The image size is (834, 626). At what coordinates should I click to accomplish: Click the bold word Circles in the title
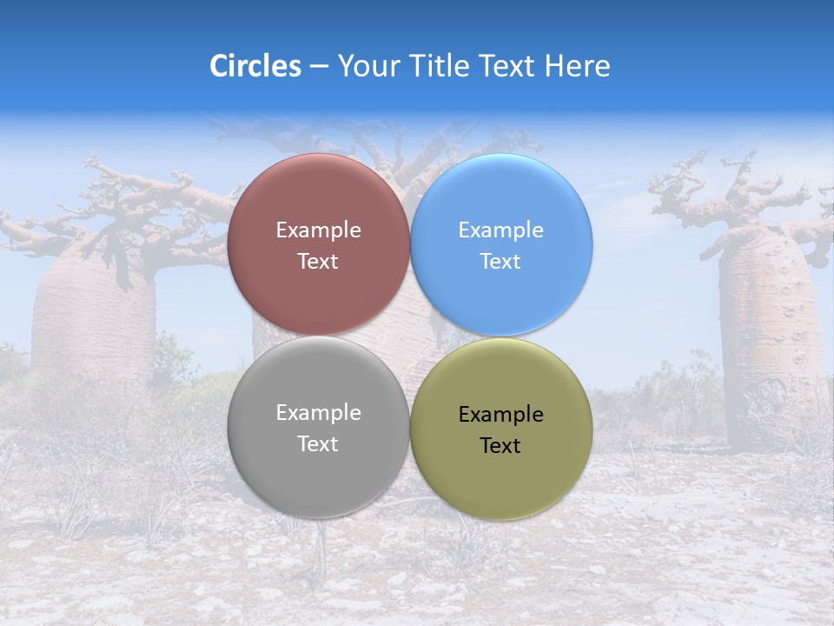pyautogui.click(x=255, y=66)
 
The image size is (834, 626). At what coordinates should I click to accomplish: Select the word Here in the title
pyautogui.click(x=577, y=66)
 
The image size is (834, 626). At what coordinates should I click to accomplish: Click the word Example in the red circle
pyautogui.click(x=318, y=230)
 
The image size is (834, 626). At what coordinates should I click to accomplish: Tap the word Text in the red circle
pyautogui.click(x=318, y=262)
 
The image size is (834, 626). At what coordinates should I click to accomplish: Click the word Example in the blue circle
pyautogui.click(x=500, y=230)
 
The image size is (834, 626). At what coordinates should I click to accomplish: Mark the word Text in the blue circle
pyautogui.click(x=500, y=262)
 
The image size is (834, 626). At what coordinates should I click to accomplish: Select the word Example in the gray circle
pyautogui.click(x=318, y=413)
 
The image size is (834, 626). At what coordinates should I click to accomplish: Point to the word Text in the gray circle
pyautogui.click(x=318, y=444)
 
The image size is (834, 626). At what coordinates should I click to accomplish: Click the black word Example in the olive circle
pyautogui.click(x=500, y=415)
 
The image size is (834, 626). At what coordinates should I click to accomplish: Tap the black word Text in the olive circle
pyautogui.click(x=500, y=446)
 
